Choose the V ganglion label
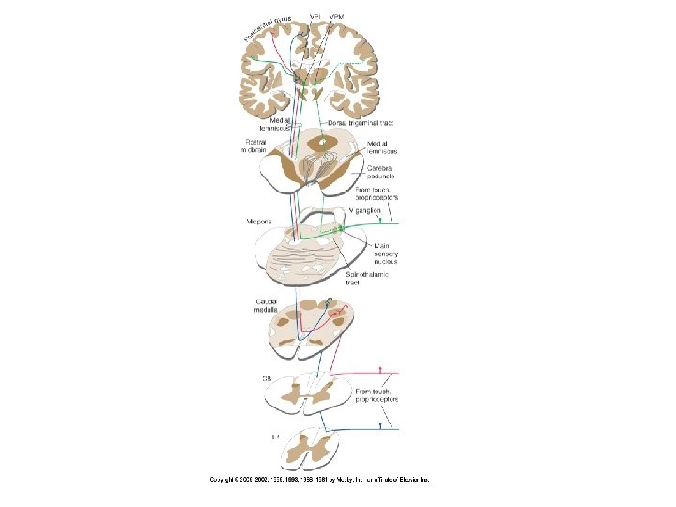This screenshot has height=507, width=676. click(x=364, y=211)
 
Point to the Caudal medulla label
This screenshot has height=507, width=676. click(x=267, y=306)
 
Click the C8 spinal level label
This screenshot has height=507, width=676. click(x=268, y=379)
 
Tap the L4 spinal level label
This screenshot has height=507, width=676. click(x=268, y=437)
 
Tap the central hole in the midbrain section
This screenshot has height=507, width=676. click(x=325, y=143)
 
